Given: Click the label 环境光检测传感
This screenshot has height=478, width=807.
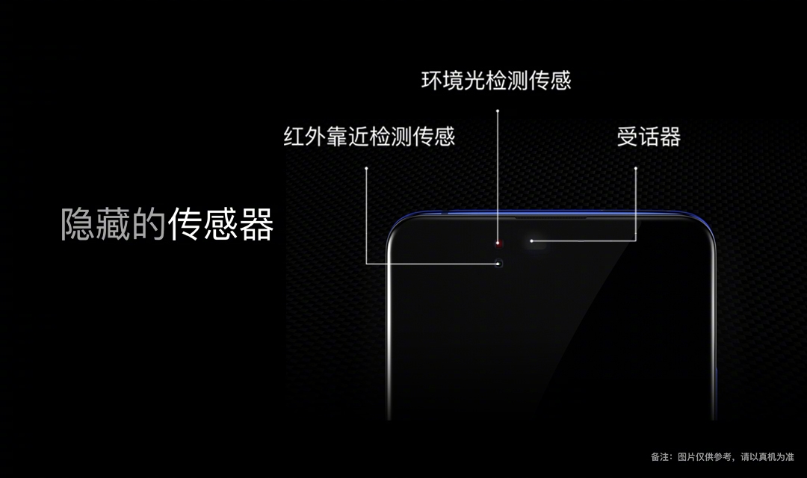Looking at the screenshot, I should [x=495, y=81].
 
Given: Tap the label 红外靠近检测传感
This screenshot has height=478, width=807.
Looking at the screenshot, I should [x=368, y=137].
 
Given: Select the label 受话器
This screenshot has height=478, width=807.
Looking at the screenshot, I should [x=649, y=137].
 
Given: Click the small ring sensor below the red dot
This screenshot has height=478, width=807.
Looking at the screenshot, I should [x=498, y=263].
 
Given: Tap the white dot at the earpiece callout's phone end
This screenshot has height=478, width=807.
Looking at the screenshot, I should [x=531, y=240].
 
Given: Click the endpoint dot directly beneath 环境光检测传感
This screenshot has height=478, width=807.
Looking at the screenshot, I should [x=497, y=111].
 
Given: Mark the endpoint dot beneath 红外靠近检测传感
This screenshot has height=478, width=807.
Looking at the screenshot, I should [x=367, y=168].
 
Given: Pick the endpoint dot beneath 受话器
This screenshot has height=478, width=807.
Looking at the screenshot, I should [x=636, y=168].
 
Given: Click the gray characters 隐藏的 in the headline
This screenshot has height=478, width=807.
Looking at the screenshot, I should [x=113, y=224].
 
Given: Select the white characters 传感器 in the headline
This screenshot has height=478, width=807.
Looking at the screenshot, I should [x=220, y=224].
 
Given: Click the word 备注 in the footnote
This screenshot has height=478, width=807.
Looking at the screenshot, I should [x=660, y=456].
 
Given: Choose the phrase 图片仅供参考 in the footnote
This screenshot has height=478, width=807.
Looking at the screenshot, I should [x=702, y=456].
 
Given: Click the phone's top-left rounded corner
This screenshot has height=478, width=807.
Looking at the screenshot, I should [x=396, y=228].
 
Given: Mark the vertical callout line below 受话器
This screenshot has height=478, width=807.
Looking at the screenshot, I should [x=636, y=205].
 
